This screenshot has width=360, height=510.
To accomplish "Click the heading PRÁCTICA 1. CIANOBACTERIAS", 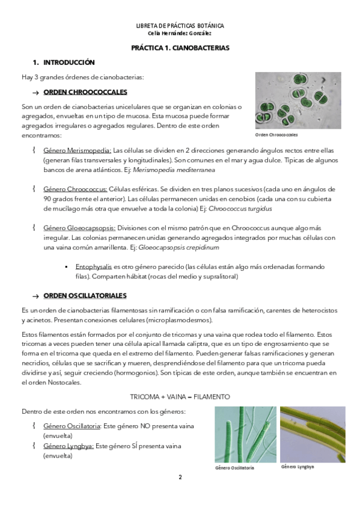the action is [x=180, y=48].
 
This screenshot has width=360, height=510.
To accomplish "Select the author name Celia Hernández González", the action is [x=180, y=33].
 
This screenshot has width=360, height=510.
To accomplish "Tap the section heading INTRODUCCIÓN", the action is [x=69, y=63].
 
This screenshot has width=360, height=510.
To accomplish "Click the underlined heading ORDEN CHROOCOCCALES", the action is [x=85, y=92].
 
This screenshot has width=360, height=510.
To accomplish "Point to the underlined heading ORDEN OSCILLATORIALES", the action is [x=85, y=296].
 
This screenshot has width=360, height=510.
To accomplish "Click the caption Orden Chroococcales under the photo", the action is [x=276, y=135].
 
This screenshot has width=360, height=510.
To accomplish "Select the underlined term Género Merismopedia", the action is [x=78, y=150].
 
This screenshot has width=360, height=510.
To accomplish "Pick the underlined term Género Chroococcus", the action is [x=75, y=189].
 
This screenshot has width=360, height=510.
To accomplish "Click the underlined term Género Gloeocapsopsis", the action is [x=79, y=228].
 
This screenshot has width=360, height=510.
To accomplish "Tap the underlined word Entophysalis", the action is [x=94, y=266].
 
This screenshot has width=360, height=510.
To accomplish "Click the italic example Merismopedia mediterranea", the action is [x=174, y=170].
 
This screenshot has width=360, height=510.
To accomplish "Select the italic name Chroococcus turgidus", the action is [x=240, y=209].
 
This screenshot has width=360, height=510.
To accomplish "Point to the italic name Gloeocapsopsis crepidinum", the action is [x=178, y=248].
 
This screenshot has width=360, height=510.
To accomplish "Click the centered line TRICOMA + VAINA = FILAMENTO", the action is [x=180, y=397].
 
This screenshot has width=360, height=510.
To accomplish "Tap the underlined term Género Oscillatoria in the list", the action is [x=72, y=426].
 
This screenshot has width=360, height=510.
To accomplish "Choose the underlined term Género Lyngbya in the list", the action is [x=69, y=446].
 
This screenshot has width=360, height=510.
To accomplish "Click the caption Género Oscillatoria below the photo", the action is [x=234, y=468].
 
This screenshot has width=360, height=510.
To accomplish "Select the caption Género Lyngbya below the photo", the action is [x=297, y=467].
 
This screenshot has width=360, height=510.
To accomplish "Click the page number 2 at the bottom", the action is [x=180, y=477].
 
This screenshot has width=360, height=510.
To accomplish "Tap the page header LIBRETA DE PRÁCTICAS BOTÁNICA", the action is [x=180, y=26].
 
